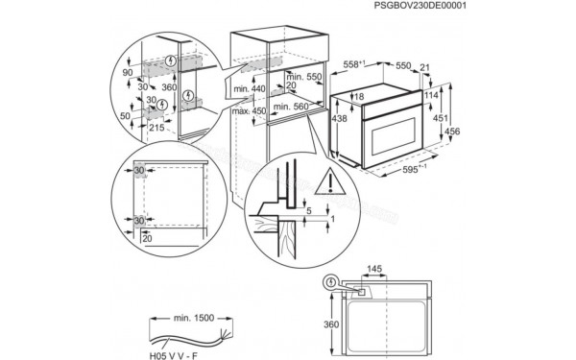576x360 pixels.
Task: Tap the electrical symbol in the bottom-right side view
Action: [x=331, y=282]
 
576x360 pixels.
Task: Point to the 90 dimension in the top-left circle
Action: [x=128, y=72]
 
